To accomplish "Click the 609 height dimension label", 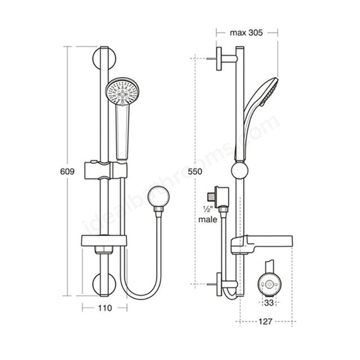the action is coord(67,172).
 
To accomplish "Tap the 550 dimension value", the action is coord(195,172).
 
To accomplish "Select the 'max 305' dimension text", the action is coord(246,33).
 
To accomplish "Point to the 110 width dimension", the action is coord(105,308).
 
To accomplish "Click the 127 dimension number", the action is coord(265,322).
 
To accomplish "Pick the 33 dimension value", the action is coord(269,303).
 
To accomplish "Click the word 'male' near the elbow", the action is coord(208,219).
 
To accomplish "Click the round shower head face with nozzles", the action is coord(122,91).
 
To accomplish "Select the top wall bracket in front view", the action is coord(104,58).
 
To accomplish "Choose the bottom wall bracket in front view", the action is coord(104,284).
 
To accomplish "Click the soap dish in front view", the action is coord(103,241).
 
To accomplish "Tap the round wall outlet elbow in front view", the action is coord(159,196).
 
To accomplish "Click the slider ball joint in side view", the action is coord(240,171).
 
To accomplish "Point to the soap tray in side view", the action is coord(262,244).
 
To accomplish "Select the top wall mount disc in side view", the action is coord(219,58).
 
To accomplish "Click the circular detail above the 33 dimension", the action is coord(269,284).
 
